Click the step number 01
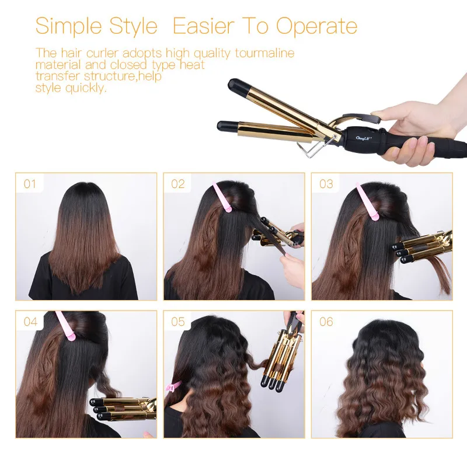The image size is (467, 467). [x=30, y=184]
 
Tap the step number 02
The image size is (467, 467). [x=177, y=184]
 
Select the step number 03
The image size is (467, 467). [x=326, y=184]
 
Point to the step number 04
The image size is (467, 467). [x=30, y=322]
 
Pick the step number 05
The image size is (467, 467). [x=177, y=322]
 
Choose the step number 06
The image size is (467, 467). [x=326, y=322]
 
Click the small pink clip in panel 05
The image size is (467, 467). [x=173, y=386]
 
